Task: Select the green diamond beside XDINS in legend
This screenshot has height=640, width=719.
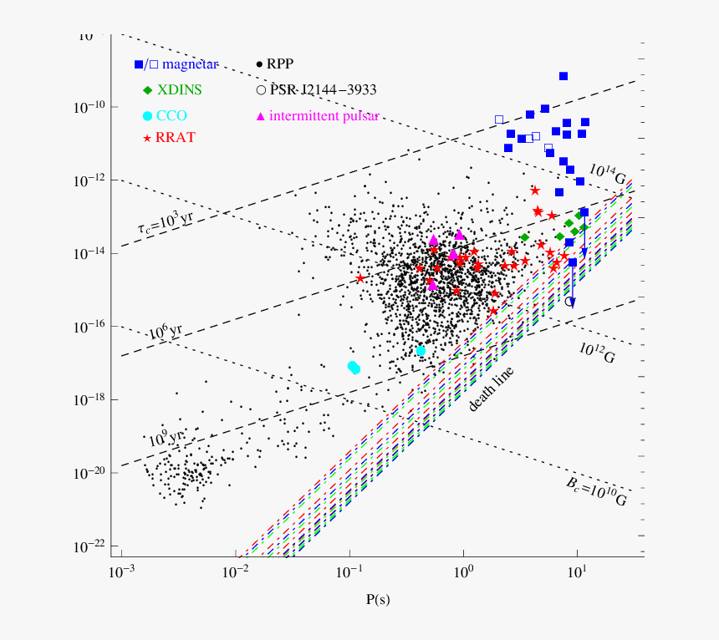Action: pyautogui.click(x=147, y=89)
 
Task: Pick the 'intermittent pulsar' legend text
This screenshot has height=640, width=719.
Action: pyautogui.click(x=324, y=115)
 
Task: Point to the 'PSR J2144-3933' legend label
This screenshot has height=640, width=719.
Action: pyautogui.click(x=322, y=89)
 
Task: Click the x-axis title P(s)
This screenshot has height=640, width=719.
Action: pyautogui.click(x=378, y=599)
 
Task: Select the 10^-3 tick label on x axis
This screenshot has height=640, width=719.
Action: pyautogui.click(x=121, y=571)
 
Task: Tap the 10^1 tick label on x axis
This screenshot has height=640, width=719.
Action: pyautogui.click(x=576, y=571)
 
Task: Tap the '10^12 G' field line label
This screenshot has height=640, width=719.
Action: pyautogui.click(x=596, y=352)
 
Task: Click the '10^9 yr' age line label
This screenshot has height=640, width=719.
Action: pyautogui.click(x=166, y=435)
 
